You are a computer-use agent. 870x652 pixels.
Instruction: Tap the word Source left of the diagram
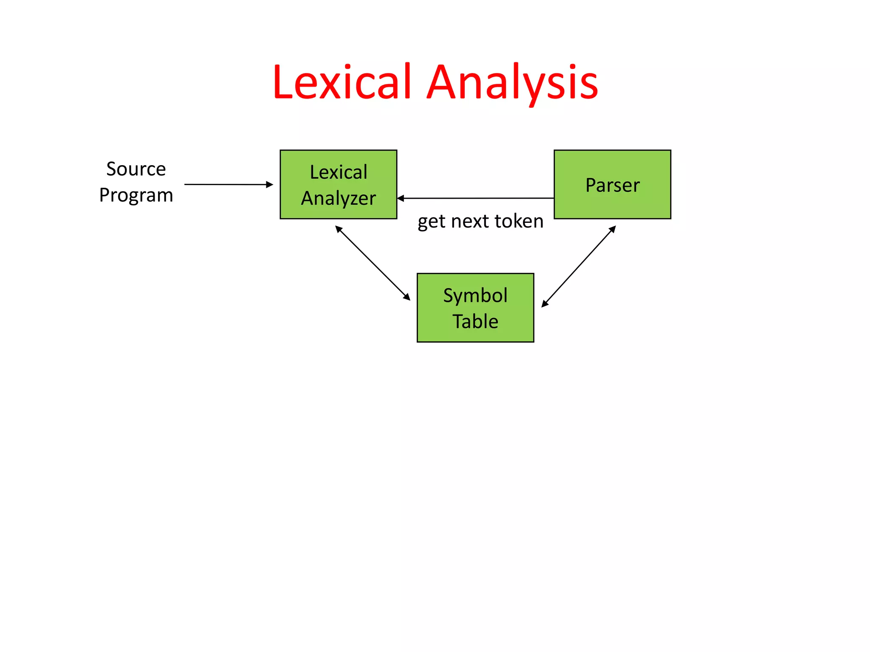[x=136, y=169]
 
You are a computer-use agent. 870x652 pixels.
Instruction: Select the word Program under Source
[x=136, y=195]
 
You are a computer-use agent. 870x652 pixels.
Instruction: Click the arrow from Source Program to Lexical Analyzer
[x=225, y=184]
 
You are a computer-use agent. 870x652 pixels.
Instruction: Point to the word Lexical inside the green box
[x=339, y=172]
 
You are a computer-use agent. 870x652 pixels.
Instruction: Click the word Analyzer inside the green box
[x=339, y=198]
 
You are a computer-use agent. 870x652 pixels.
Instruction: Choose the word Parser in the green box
[x=612, y=185]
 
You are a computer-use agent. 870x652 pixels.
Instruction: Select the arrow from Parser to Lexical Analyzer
[x=476, y=198]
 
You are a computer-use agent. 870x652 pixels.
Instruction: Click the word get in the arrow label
[x=431, y=222]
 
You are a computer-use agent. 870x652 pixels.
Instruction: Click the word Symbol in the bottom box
[x=475, y=295]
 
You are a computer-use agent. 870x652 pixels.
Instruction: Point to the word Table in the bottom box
[x=475, y=321]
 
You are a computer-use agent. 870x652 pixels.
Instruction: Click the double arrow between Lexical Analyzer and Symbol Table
[x=373, y=263]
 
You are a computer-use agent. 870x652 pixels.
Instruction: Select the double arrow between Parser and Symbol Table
[x=579, y=266]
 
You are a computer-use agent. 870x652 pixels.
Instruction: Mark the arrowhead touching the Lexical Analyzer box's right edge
[x=401, y=198]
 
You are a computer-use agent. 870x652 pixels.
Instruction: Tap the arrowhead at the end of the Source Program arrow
[x=269, y=184]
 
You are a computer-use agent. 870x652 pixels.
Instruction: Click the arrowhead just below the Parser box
[x=613, y=229]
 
